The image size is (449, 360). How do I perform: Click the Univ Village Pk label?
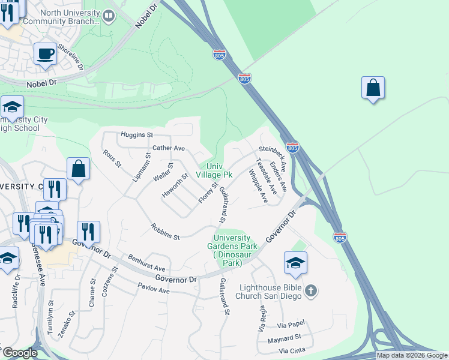tap(214, 170)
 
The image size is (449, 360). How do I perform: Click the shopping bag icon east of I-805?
tap(373, 88)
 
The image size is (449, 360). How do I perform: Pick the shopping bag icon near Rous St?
tap(79, 169)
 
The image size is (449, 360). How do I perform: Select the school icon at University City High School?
tap(12, 108)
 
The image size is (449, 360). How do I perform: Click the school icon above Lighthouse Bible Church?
tap(295, 262)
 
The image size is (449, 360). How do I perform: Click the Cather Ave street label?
tap(169, 148)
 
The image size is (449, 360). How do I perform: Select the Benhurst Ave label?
tap(146, 265)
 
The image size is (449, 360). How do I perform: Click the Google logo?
tap(20, 353)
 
